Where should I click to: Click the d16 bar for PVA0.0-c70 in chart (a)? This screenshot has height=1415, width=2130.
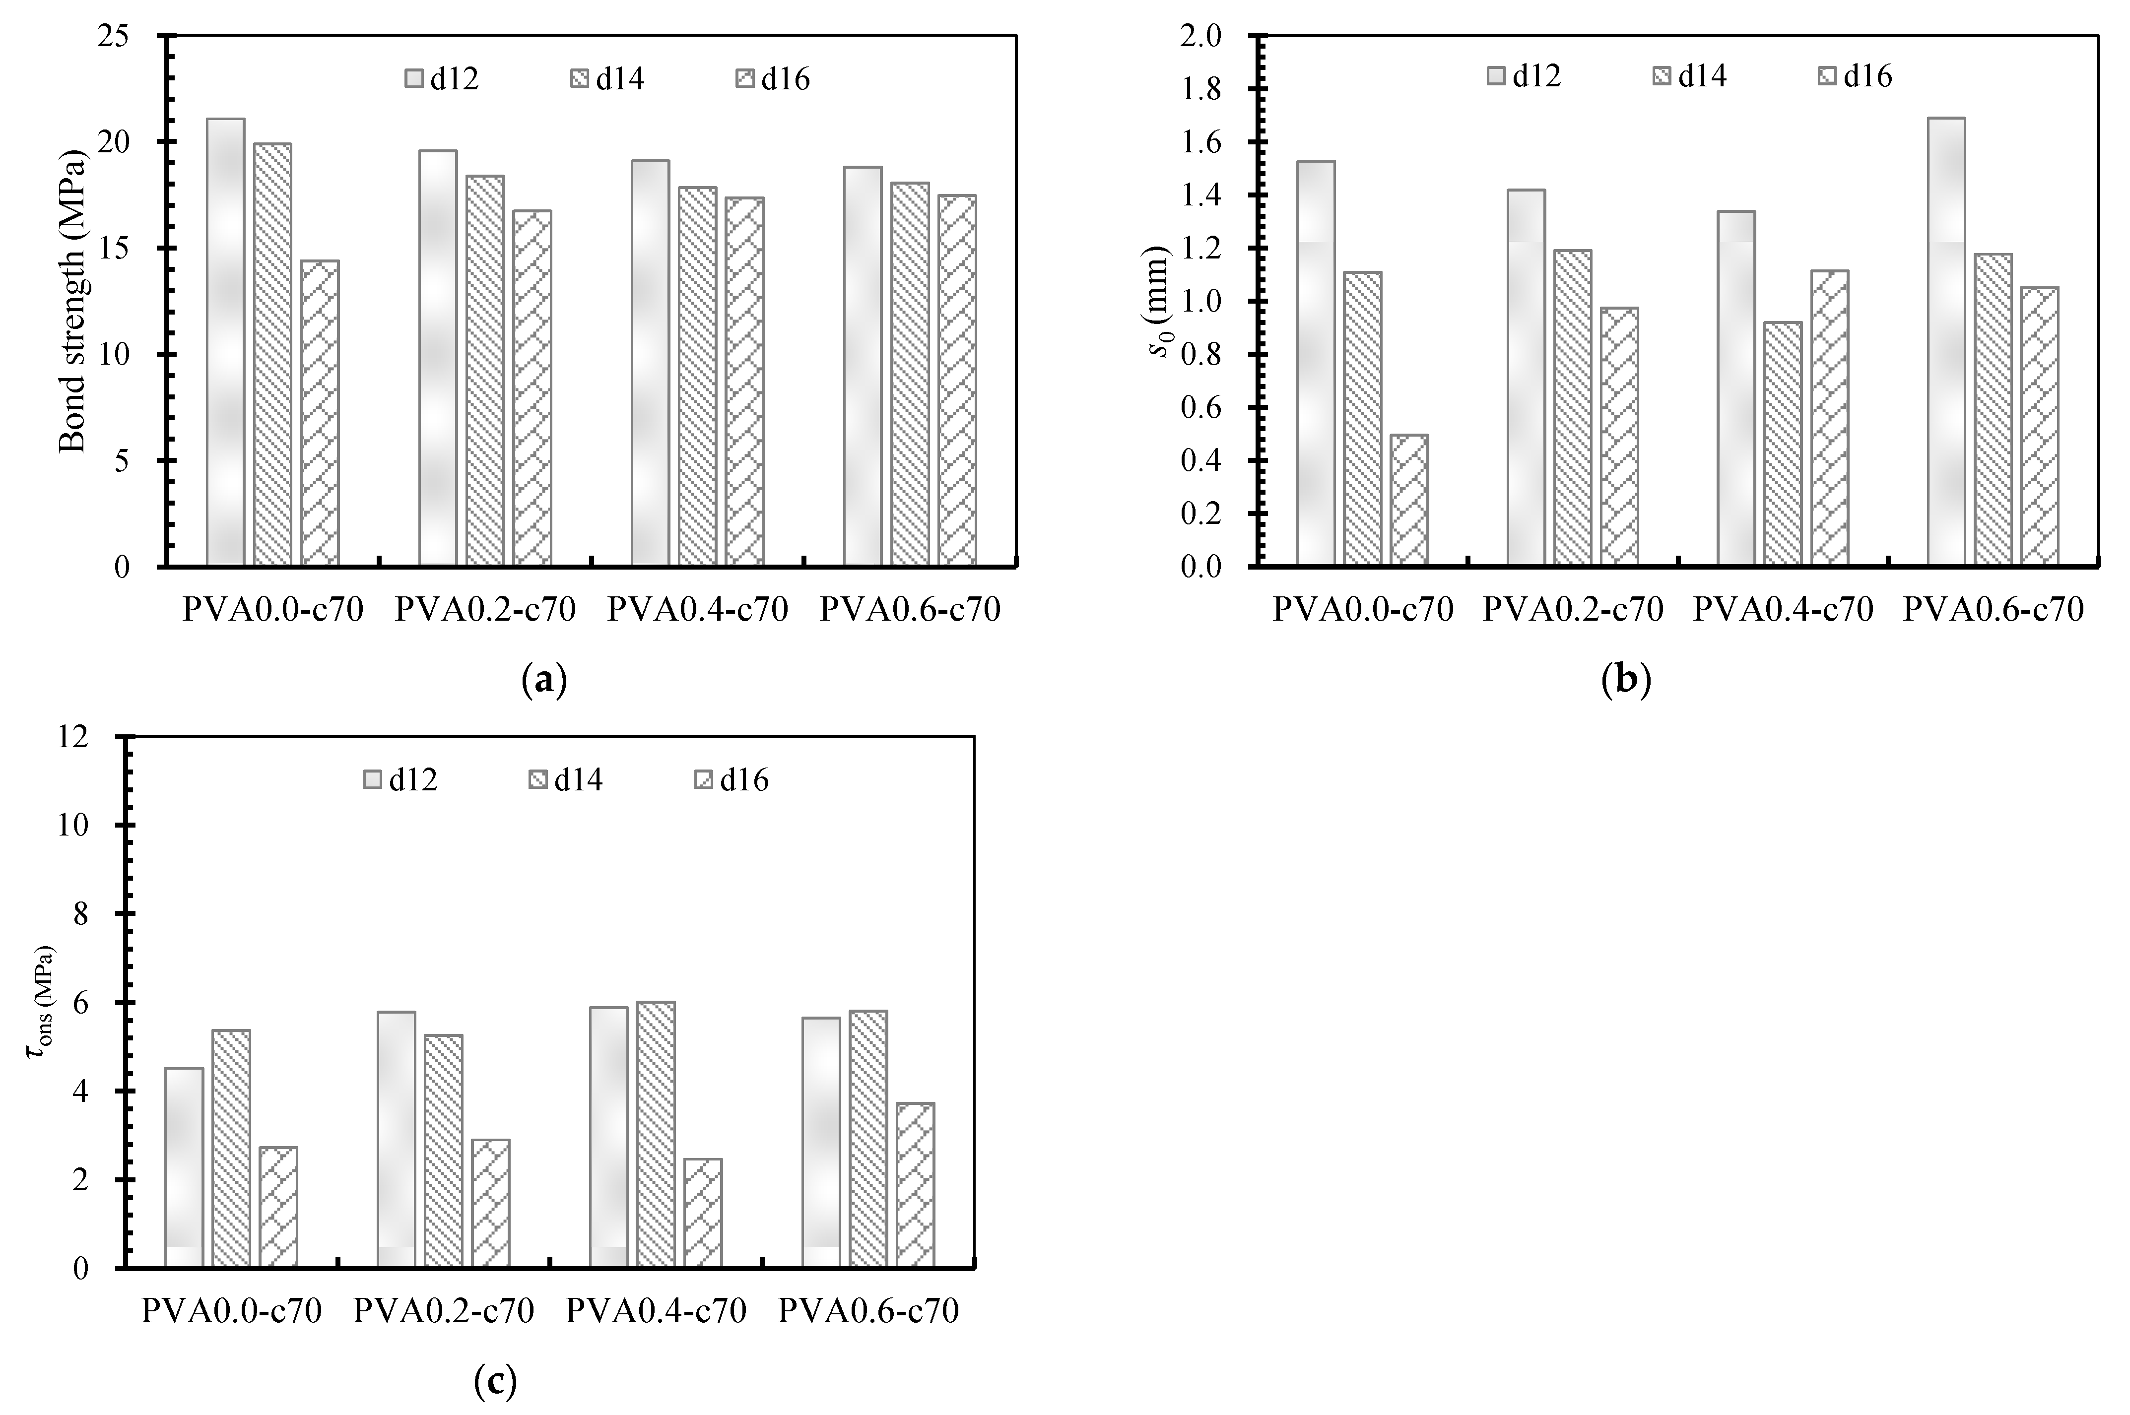pos(320,413)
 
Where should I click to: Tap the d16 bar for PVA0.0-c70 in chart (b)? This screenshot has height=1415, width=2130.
pos(1409,501)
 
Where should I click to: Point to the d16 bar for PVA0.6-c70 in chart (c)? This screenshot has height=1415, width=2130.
pos(915,1185)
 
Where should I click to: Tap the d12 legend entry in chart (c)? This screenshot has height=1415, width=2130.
pos(400,780)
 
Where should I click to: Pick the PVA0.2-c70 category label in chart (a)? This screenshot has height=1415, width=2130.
pos(485,610)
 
